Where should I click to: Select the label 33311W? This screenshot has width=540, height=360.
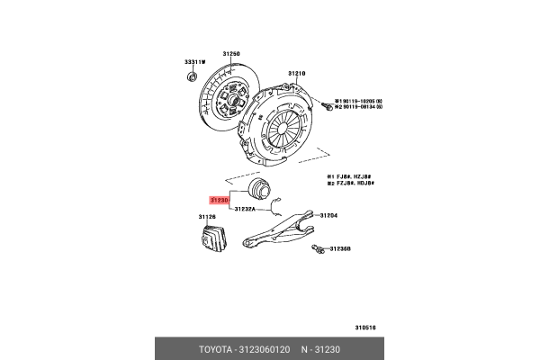195,61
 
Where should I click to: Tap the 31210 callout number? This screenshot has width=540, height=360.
297,73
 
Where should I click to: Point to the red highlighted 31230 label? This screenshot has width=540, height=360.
220,200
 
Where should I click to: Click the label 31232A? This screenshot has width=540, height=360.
245,210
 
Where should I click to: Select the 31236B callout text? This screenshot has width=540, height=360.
339,248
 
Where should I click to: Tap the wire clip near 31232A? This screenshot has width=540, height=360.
279,202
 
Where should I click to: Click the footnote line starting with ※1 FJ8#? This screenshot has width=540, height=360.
349,177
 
